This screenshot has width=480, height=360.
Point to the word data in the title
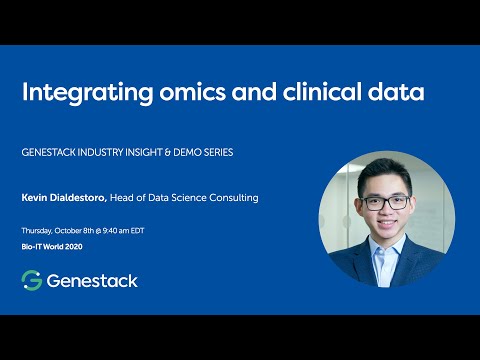[397, 93]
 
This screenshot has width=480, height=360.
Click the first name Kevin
[34, 198]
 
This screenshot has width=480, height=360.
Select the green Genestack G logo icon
[31, 280]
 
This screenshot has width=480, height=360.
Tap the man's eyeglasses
[386, 202]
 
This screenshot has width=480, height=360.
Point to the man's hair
[386, 170]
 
